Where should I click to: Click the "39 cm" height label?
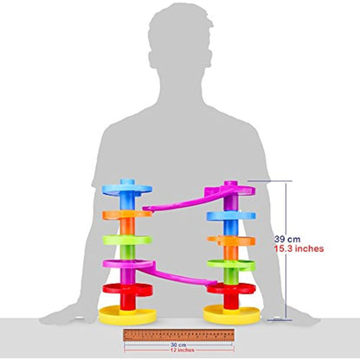(x=287, y=239)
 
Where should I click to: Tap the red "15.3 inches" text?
(x=299, y=248)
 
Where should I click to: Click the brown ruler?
(x=179, y=335)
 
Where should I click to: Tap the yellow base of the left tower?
(x=127, y=315)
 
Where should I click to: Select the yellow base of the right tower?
(x=232, y=314)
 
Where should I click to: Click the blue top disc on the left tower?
(x=127, y=190)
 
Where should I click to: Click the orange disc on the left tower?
(x=127, y=214)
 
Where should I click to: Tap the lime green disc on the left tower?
(x=127, y=240)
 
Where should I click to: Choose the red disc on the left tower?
(x=127, y=289)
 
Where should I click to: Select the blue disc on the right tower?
(x=231, y=216)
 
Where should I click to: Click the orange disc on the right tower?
(x=231, y=241)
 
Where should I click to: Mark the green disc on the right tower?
(x=231, y=265)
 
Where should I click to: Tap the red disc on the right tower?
(x=231, y=288)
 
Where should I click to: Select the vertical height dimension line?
(x=286, y=250)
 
